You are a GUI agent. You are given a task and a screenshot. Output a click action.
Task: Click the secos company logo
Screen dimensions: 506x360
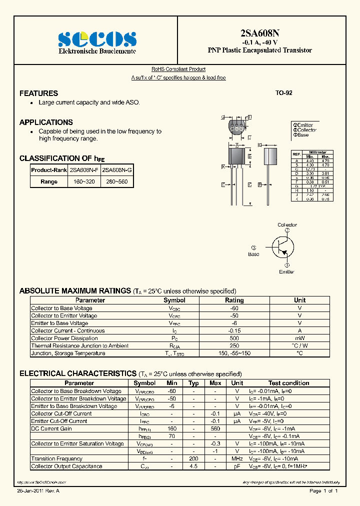97,38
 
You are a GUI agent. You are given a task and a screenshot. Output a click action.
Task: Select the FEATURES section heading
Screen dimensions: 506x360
38,93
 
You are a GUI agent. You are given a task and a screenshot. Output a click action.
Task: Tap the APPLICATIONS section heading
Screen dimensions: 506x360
46,122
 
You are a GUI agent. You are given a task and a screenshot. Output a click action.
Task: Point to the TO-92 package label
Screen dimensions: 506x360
283,93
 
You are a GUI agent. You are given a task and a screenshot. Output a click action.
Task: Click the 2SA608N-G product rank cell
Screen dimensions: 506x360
117,170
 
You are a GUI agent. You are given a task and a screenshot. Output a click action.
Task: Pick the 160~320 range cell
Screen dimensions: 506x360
83,181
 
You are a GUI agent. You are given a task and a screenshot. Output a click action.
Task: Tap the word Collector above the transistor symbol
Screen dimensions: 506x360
287,225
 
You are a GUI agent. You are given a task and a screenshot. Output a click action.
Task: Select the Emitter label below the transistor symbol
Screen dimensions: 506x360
287,271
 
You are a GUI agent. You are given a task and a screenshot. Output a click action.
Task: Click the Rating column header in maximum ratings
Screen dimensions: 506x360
234,300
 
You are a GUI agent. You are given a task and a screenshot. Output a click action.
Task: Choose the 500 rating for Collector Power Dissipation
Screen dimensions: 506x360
234,338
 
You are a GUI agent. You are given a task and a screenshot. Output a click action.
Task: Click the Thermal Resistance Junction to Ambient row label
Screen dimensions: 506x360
79,346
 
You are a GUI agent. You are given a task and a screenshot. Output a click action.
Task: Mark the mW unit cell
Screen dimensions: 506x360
299,338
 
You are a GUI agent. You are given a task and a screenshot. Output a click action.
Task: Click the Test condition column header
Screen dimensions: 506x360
288,383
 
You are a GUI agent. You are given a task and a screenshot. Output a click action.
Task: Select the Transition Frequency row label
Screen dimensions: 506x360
56,459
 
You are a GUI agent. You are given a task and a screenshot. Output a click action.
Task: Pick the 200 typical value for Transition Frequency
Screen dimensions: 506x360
194,459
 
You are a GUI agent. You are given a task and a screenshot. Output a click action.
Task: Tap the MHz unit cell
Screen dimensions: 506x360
236,459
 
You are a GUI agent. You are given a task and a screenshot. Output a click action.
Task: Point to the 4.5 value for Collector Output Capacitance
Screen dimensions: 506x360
194,466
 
